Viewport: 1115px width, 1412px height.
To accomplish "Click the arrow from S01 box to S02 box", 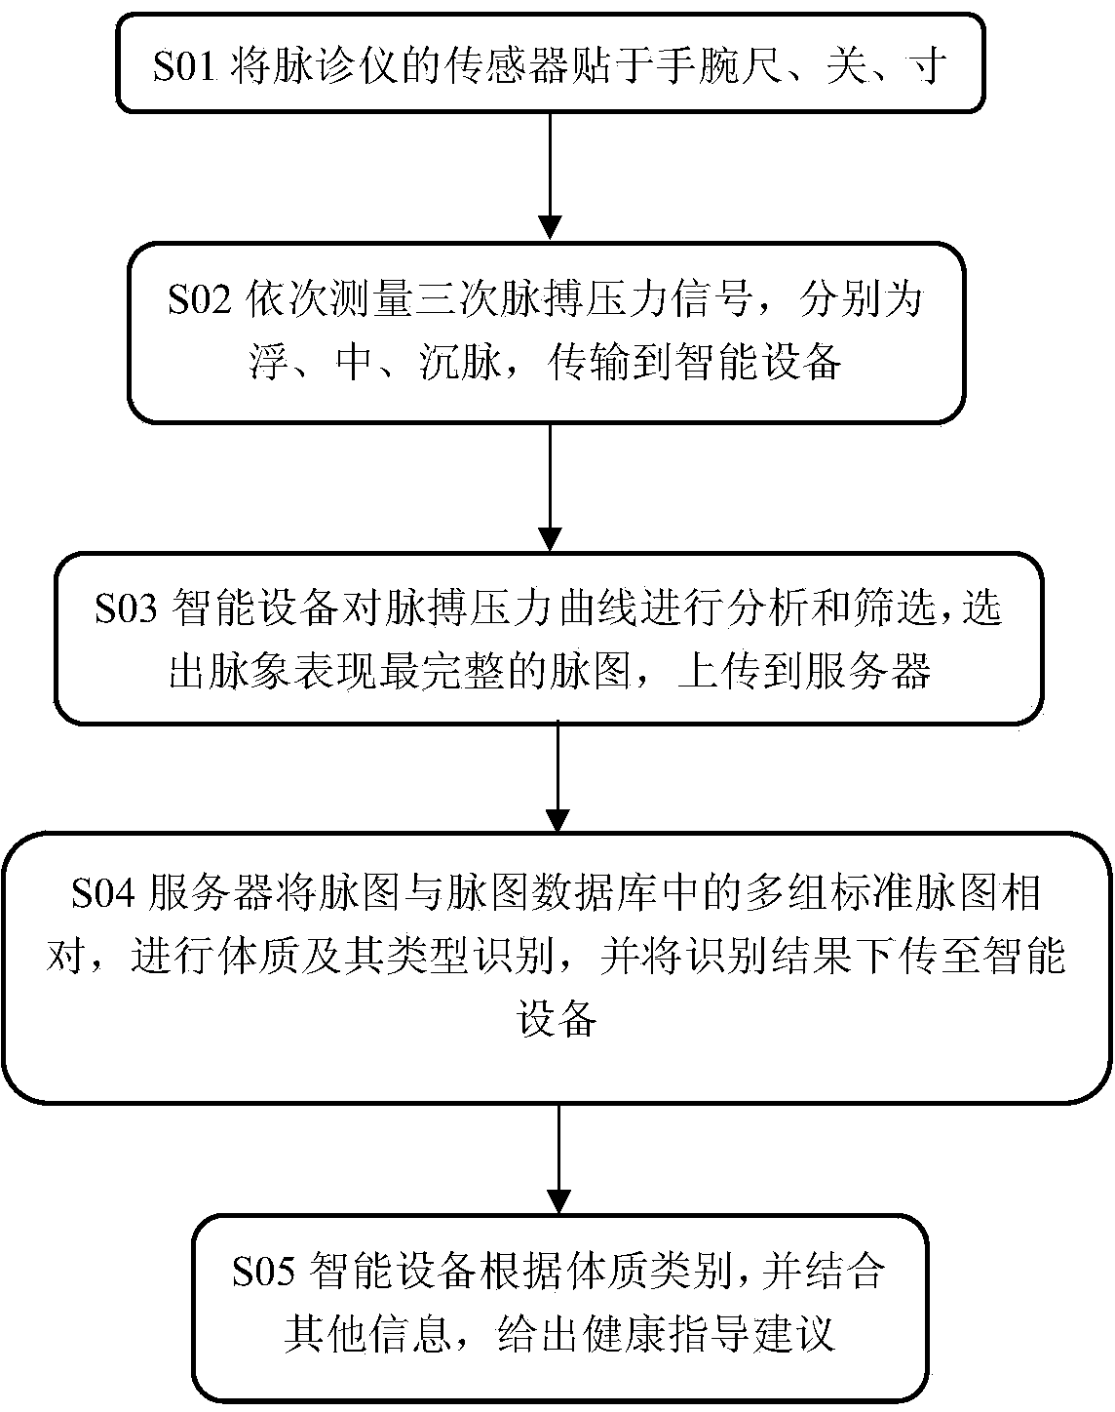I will point(552,176).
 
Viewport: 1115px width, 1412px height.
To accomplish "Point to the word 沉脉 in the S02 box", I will point(466,363).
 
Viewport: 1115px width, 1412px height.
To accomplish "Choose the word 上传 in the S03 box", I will point(707,672).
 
